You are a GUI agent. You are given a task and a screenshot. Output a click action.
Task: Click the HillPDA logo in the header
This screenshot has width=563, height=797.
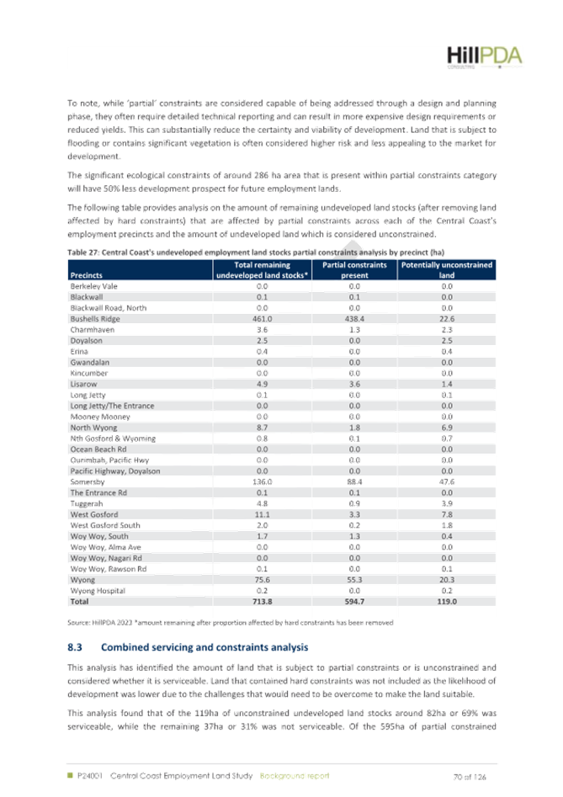click(484, 57)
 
